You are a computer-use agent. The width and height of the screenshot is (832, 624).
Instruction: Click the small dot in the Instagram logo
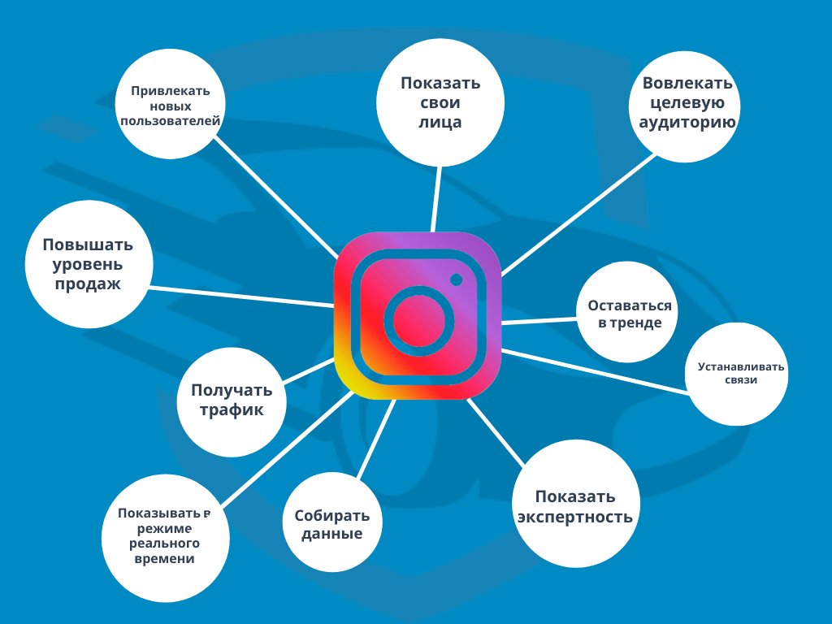coord(456,279)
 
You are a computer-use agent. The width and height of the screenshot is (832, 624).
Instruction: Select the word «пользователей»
coord(171,121)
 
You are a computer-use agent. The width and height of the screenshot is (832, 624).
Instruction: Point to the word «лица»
coord(440,123)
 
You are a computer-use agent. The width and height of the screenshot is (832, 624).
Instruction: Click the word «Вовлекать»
coord(687,84)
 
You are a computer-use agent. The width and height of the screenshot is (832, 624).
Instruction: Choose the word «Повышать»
coord(88,245)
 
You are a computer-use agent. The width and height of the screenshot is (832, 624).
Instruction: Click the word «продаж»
coord(88,284)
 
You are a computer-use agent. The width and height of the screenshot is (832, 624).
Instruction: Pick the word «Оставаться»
coord(630,306)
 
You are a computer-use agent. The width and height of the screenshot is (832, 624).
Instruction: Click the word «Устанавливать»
coord(741,366)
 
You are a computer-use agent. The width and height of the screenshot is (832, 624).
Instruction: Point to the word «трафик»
coord(232,410)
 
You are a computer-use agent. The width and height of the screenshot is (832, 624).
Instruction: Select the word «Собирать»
coord(331,516)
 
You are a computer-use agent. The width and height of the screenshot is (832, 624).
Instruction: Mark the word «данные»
coord(331,535)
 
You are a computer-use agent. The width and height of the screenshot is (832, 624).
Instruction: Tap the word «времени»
coord(166,559)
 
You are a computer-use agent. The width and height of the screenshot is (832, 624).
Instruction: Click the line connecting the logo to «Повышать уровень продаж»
coord(244,297)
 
